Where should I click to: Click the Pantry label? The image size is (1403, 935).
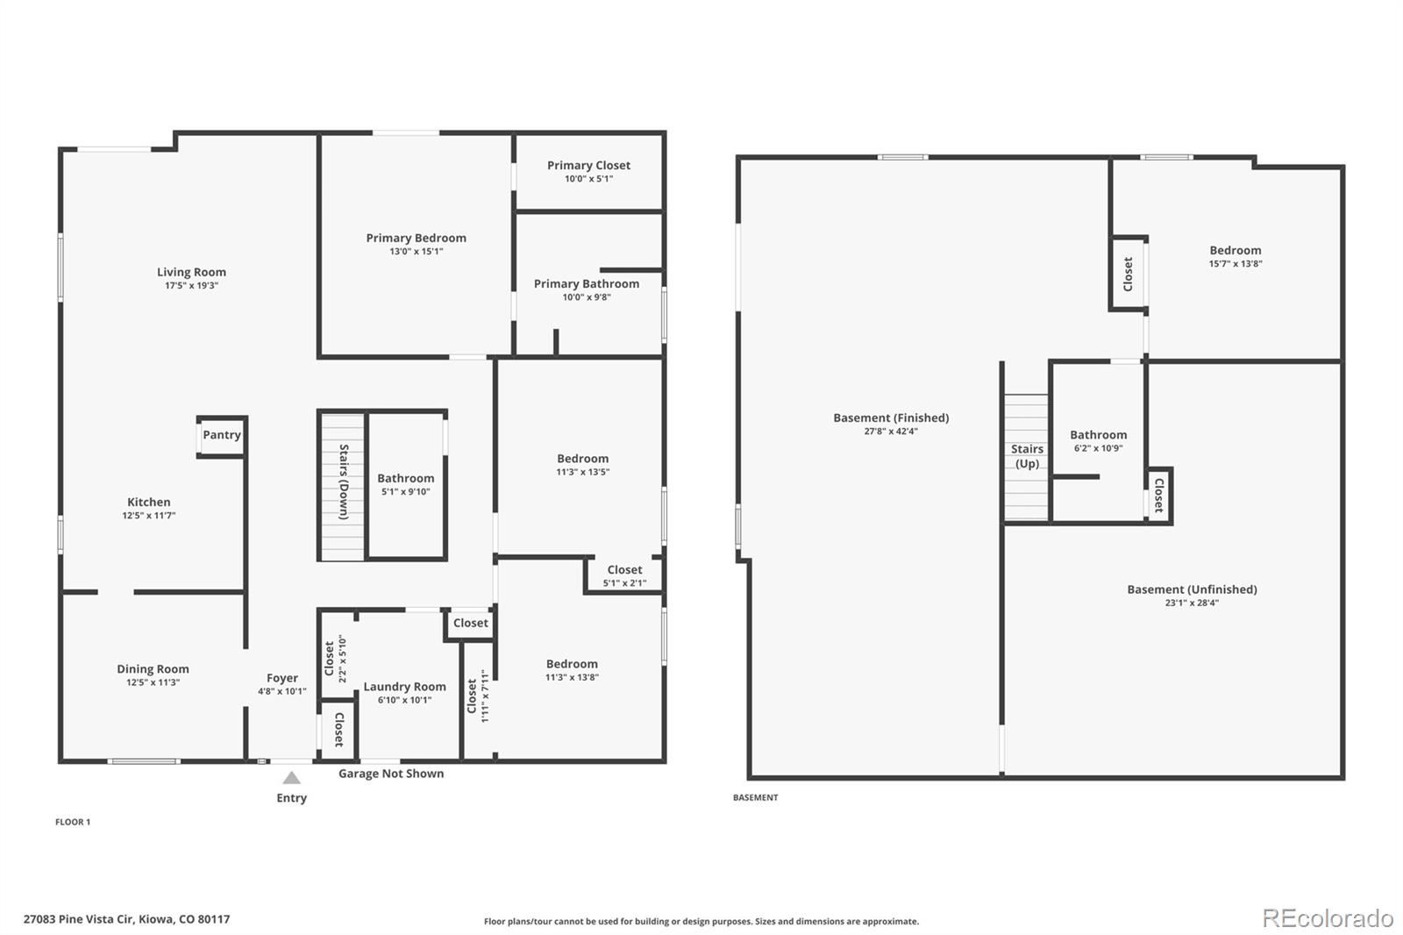coord(222,435)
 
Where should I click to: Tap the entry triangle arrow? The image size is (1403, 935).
coord(292,778)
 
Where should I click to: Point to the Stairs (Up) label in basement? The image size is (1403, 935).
coord(1027,456)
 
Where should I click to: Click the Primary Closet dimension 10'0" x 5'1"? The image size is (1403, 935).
coord(588,179)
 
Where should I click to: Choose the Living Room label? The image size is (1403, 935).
coord(191,272)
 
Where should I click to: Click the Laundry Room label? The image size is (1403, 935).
coord(404,687)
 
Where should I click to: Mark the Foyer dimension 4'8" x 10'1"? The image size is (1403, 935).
coord(282,691)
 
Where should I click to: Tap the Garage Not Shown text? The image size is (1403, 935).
coord(391,774)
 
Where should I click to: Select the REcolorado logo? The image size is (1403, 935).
coord(1328,918)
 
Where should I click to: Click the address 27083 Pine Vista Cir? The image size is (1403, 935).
coord(126,919)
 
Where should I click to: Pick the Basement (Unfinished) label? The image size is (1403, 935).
coord(1192,589)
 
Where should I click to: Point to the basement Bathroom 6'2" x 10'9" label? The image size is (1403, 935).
coord(1098,435)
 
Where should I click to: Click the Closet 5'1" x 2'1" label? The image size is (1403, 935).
coord(624,570)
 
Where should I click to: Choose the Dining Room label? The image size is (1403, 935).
coord(153,668)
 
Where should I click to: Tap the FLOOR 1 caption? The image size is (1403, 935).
coord(73,822)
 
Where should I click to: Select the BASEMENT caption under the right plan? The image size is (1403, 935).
coord(755,797)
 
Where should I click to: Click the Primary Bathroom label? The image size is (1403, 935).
coord(587,283)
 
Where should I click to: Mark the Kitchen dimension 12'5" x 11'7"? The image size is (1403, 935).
coord(149,516)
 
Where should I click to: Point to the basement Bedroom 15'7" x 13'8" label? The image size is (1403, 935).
coord(1235,250)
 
